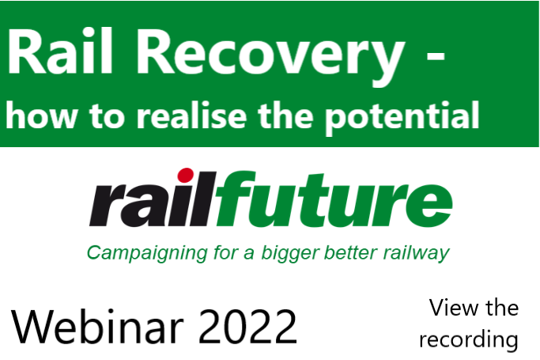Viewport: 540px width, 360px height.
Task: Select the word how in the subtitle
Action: click(38, 116)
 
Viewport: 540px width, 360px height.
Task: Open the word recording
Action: click(468, 339)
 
